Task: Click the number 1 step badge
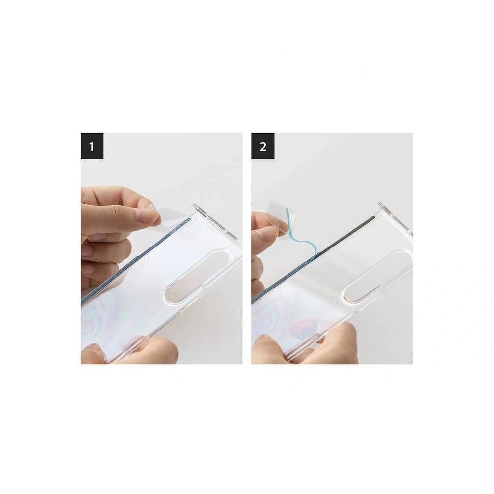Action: (x=92, y=146)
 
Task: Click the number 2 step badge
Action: (x=263, y=146)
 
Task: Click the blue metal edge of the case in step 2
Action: (x=277, y=287)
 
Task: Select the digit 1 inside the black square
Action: (x=92, y=146)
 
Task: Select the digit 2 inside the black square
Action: (x=263, y=146)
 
